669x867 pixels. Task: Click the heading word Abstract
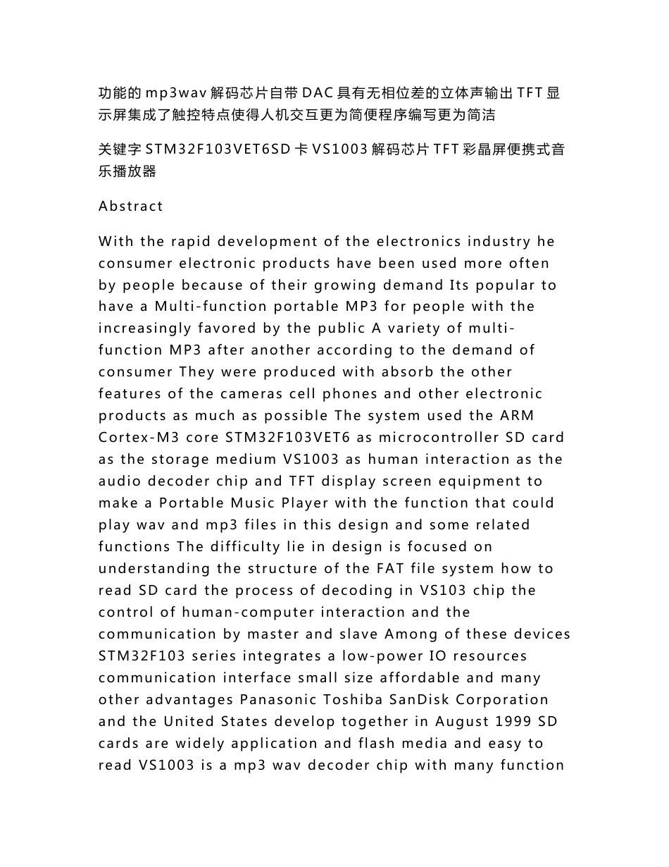pos(131,207)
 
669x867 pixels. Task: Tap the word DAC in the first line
pos(318,93)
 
